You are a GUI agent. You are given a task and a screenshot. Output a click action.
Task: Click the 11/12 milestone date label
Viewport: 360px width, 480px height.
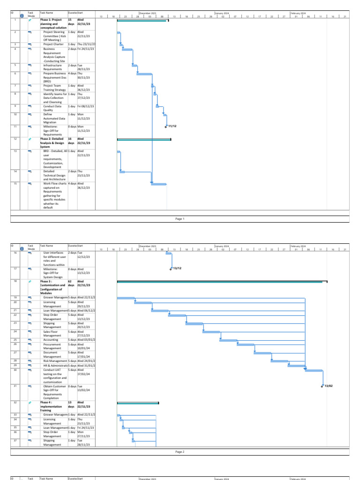[x=172, y=127]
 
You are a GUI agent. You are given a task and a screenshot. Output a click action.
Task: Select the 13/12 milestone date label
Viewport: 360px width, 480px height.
[x=177, y=268]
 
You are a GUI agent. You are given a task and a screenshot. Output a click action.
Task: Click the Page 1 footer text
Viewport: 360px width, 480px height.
[x=180, y=218]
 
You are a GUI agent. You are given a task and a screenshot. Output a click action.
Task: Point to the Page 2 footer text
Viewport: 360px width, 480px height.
[x=180, y=452]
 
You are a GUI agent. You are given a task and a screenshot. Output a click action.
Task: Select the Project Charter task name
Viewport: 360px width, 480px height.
[x=53, y=44]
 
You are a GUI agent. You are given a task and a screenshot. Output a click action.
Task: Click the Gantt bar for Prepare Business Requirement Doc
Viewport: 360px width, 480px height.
[x=144, y=74]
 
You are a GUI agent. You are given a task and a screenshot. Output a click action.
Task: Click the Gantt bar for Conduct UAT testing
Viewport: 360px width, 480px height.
[x=314, y=371]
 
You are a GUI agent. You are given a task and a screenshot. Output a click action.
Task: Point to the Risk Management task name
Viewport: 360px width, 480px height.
[x=55, y=360]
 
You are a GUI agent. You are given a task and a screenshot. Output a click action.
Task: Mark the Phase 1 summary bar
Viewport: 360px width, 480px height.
[x=142, y=21]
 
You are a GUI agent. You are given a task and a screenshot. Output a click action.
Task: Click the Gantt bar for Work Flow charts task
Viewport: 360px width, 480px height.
[x=158, y=184]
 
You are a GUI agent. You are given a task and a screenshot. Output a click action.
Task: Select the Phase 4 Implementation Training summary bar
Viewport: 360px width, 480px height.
[x=138, y=403]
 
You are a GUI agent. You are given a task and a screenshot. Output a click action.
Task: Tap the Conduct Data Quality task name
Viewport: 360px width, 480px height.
[x=52, y=108]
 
